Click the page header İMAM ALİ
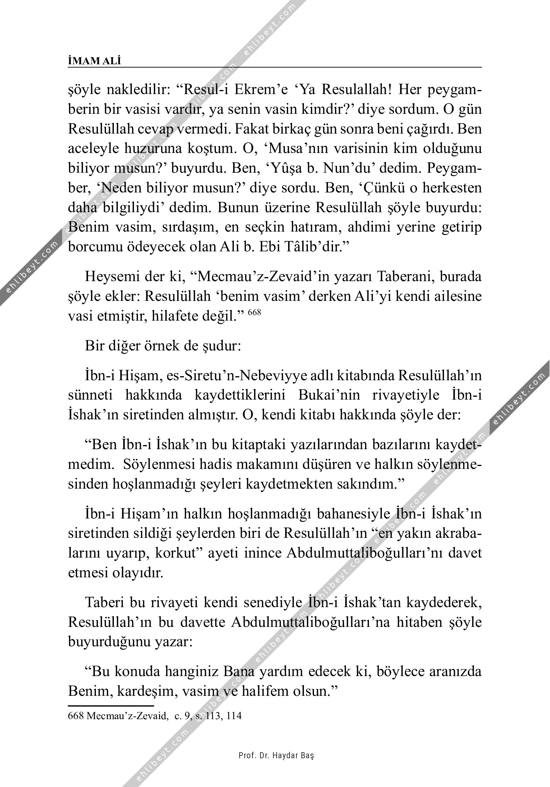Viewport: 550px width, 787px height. [94, 61]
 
